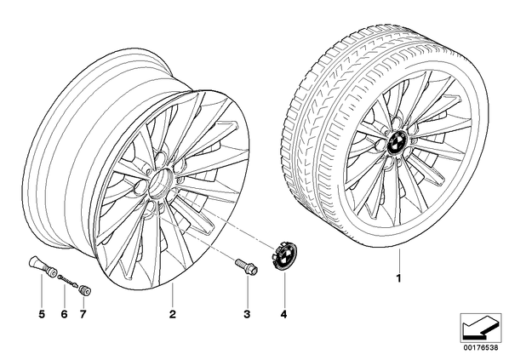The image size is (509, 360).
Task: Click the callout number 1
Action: tap(398, 278)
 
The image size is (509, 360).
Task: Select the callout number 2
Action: tap(173, 314)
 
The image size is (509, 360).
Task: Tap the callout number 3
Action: tap(247, 314)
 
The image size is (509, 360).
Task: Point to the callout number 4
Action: tap(284, 314)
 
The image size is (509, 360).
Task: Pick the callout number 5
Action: tap(42, 314)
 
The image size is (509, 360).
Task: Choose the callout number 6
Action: tap(64, 314)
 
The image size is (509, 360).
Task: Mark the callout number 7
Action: tap(83, 314)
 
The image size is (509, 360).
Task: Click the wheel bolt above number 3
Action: tap(247, 266)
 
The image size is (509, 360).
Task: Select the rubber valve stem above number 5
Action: tap(42, 266)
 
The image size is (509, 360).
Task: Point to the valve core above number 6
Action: tap(68, 281)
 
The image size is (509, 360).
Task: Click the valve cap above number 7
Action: tap(86, 290)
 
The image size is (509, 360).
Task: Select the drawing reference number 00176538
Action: tap(481, 347)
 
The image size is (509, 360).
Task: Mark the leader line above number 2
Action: tap(173, 295)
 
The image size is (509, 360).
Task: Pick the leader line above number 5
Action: tap(42, 291)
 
